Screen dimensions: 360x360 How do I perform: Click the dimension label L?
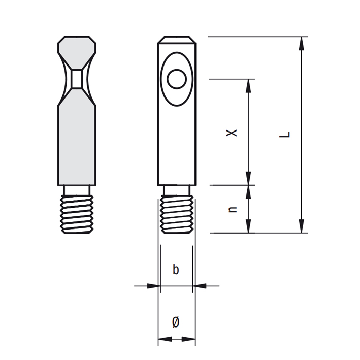[285, 135]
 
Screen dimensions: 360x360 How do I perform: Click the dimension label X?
[232, 133]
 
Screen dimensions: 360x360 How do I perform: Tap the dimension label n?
[233, 209]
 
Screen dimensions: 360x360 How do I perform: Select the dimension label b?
[176, 269]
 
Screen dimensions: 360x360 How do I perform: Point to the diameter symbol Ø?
[176, 321]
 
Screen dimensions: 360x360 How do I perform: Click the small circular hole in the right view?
[177, 79]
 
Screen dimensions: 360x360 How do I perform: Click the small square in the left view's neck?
[77, 79]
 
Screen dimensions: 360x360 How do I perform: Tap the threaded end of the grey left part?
[77, 214]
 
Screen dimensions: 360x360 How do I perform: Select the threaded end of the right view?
[177, 214]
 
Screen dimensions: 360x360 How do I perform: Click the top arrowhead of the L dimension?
[301, 43]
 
